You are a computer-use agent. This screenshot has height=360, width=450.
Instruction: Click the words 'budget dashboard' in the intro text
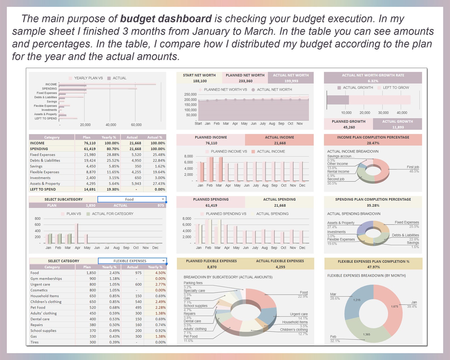click(x=166, y=19)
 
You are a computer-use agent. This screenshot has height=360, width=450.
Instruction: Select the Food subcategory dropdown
click(x=132, y=199)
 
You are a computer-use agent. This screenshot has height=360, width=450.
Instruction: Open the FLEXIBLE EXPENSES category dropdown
click(x=132, y=261)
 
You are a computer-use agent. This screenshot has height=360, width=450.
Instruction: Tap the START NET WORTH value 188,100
click(x=200, y=81)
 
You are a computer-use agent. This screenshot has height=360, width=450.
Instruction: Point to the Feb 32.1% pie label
click(x=335, y=339)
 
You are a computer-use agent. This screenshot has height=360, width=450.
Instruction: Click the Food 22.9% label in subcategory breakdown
click(x=303, y=294)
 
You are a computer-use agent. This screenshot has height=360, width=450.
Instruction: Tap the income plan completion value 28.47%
click(x=373, y=143)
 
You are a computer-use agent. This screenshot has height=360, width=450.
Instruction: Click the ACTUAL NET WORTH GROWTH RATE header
click(x=373, y=75)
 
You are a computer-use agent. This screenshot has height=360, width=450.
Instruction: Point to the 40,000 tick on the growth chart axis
click(x=402, y=113)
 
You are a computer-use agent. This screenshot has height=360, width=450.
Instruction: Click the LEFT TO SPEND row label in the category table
click(x=43, y=189)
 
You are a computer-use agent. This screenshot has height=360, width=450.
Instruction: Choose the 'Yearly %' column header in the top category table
click(x=109, y=137)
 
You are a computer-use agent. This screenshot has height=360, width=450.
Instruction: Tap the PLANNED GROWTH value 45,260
click(x=349, y=127)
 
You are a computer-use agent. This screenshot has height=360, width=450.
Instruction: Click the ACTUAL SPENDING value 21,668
click(x=280, y=206)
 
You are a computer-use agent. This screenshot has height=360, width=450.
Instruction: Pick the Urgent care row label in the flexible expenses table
click(x=40, y=284)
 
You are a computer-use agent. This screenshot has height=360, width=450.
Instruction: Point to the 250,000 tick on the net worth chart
click(x=190, y=94)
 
